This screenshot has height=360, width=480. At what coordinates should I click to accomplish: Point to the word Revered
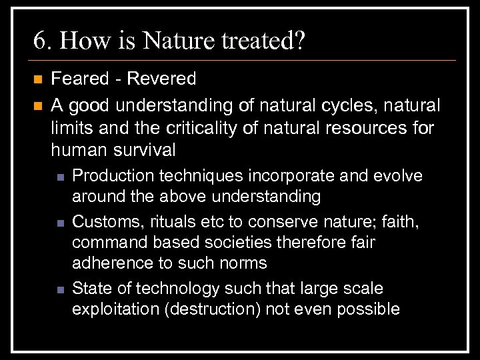[162, 79]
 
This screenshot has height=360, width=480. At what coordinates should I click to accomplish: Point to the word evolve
[399, 176]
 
